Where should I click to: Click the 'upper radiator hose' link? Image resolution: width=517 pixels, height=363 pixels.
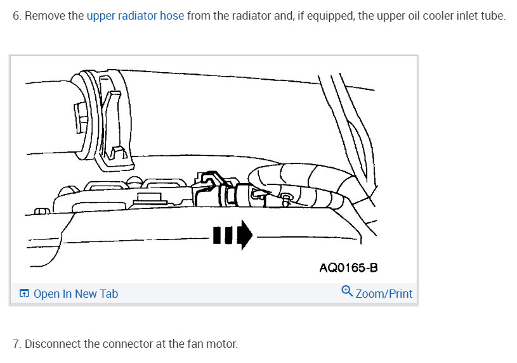135,16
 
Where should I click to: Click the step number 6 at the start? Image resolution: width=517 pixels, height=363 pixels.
16,16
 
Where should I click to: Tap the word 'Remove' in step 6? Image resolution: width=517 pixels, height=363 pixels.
44,16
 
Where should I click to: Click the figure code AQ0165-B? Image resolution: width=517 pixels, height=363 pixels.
348,267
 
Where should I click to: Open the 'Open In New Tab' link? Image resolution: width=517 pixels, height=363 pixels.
75,293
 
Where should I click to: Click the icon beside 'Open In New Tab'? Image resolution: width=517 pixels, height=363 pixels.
24,293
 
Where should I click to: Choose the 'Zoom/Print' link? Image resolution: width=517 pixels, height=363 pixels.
384,293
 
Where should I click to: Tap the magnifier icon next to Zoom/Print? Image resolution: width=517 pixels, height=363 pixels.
346,292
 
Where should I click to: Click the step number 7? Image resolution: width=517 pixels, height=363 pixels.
16,344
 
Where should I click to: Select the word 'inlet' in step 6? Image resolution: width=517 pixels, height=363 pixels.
456,16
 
